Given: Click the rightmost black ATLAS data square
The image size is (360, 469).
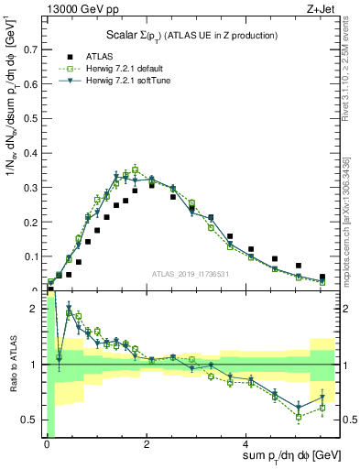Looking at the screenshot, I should (322, 277).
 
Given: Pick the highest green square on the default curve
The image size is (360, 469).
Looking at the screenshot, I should (135, 169).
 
